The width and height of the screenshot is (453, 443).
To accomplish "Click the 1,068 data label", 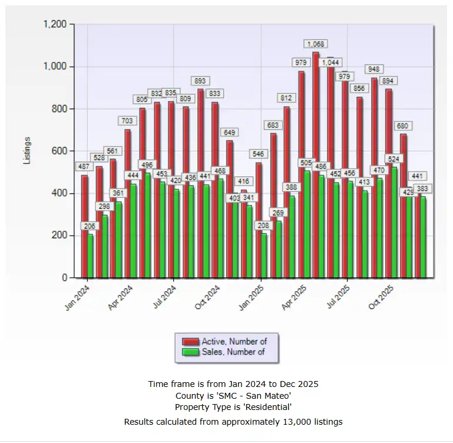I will [316, 44].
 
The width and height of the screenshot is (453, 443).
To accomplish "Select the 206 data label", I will [89, 226].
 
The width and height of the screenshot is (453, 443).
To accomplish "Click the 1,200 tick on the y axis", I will [55, 24].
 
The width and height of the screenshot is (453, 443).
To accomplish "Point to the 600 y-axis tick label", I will [60, 151].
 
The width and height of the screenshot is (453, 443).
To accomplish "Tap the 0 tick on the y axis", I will [65, 278].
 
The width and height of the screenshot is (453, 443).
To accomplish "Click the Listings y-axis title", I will [27, 151].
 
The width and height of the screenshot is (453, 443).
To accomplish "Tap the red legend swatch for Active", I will [191, 342].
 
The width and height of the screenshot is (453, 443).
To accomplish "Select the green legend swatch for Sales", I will [191, 352].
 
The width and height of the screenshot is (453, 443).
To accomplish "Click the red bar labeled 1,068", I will [316, 165].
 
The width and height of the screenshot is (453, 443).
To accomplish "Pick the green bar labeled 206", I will [90, 256].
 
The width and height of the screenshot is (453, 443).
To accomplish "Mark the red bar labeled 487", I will [84, 227].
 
